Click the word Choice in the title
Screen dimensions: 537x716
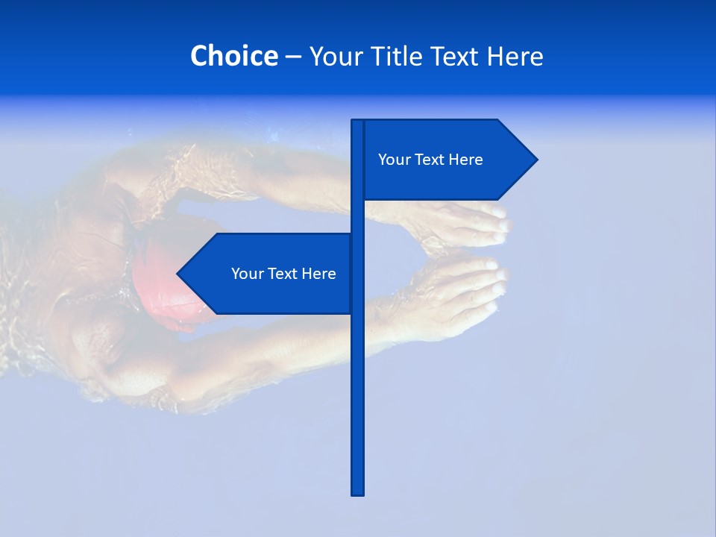233,56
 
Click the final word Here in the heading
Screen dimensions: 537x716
515,56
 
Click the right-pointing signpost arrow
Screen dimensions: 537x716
447,160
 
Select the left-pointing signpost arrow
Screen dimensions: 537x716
268,274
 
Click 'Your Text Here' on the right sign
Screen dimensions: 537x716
430,160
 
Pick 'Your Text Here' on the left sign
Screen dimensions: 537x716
283,274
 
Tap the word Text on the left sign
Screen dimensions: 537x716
283,274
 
